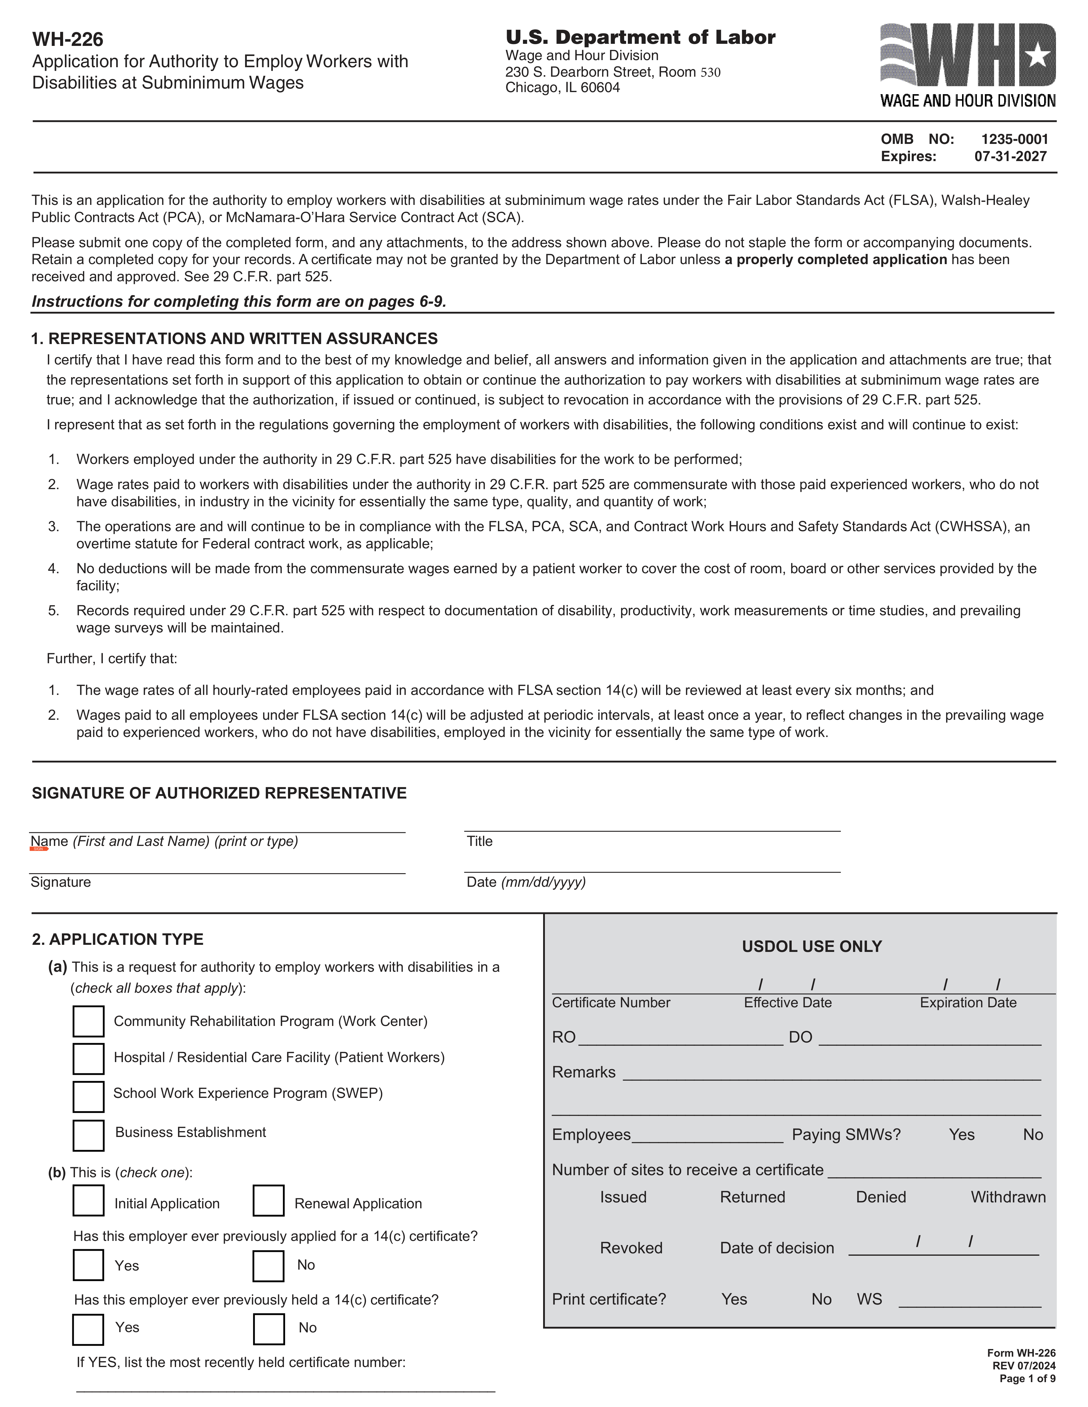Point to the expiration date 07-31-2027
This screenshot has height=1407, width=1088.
pos(1010,157)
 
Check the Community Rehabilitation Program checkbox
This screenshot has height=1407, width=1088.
pos(88,1021)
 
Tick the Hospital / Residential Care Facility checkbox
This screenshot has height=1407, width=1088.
pos(88,1059)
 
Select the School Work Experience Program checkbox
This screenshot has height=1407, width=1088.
pos(88,1096)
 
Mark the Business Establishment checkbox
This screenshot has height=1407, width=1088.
pos(88,1135)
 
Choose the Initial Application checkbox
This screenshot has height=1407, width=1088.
pos(88,1200)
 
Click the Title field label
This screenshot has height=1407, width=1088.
pos(479,841)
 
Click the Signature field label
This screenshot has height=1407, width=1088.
pos(60,882)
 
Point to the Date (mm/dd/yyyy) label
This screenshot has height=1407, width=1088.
pos(526,882)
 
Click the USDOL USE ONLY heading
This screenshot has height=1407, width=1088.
pos(812,946)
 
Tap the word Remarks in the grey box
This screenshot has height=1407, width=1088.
pos(583,1072)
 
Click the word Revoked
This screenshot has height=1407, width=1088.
pos(631,1248)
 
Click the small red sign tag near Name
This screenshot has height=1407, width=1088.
pos(39,849)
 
